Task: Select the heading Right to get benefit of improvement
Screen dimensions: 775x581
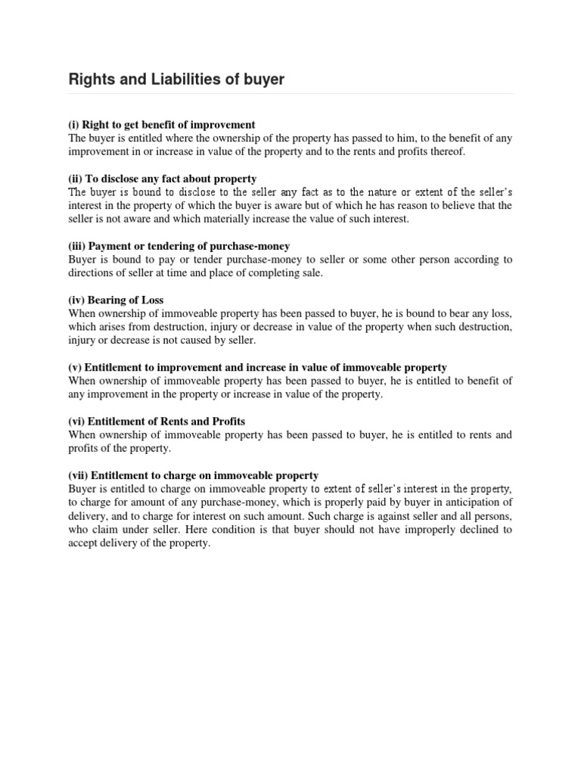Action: [171, 124]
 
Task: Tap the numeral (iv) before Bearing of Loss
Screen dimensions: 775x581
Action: [78, 300]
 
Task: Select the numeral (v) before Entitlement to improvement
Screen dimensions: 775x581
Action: [76, 368]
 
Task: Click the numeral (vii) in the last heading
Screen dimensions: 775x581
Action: [80, 475]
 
